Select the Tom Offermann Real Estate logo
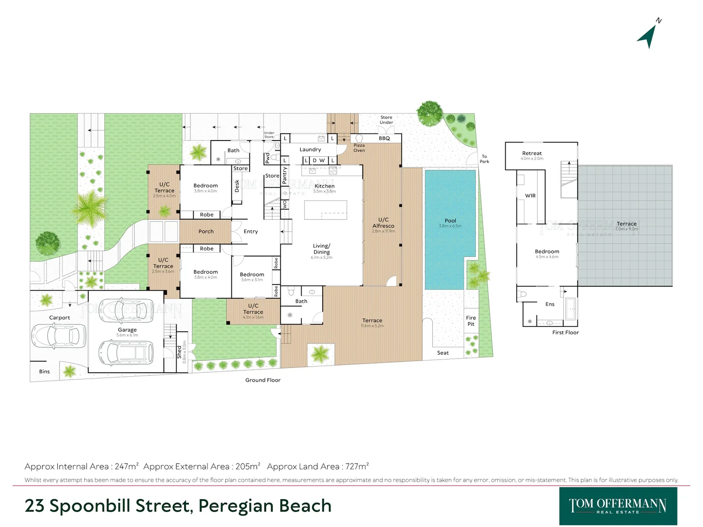click(x=618, y=506)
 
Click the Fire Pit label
click(x=471, y=321)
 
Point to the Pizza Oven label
click(x=359, y=148)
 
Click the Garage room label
click(x=127, y=330)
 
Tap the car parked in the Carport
click(x=55, y=336)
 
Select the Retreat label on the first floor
click(x=532, y=153)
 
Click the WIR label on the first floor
click(x=530, y=196)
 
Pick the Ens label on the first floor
click(x=550, y=304)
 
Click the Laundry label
click(x=310, y=150)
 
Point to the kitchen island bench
click(x=326, y=210)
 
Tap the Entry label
click(x=250, y=232)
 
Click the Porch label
click(x=206, y=232)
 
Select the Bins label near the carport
click(x=44, y=371)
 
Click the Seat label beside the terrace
click(x=443, y=353)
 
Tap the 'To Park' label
click(x=484, y=159)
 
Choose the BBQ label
click(x=384, y=139)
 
